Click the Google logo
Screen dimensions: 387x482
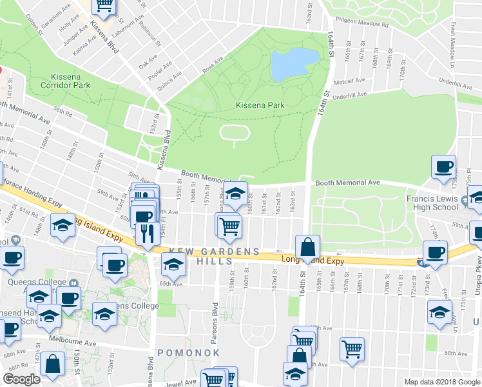coord(21,379)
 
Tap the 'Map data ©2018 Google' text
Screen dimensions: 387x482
coord(441,382)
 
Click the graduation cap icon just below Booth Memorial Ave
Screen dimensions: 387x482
coord(236,193)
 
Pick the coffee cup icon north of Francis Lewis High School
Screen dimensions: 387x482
coord(443,167)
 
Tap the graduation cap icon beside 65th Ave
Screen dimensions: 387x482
coord(173,264)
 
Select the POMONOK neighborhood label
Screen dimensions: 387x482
coord(189,353)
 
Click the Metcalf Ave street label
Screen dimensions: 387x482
coord(351,82)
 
